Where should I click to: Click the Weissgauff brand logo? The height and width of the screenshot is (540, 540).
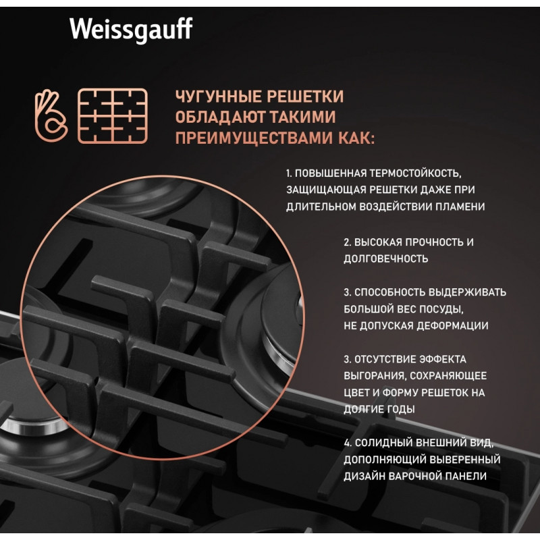click(131, 30)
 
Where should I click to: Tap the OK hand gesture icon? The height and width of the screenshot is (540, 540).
click(51, 115)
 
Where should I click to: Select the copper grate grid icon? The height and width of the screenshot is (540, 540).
click(113, 115)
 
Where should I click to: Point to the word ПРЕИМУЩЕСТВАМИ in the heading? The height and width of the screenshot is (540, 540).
click(254, 138)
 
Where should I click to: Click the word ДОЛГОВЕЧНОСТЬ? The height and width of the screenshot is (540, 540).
click(385, 259)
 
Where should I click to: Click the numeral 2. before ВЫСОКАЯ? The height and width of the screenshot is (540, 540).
click(348, 242)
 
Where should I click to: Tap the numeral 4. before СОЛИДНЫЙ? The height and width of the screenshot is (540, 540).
click(348, 443)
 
